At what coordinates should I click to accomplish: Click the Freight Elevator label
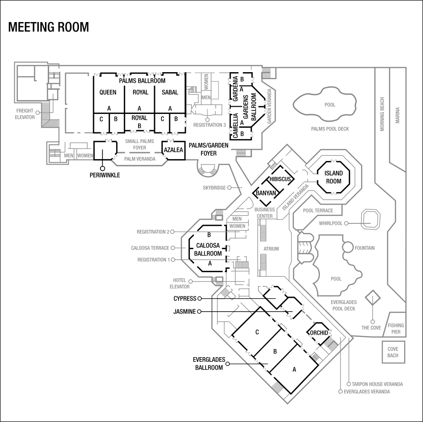[25, 114]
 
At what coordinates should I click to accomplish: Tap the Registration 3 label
[209, 125]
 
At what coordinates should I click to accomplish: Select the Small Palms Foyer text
[139, 145]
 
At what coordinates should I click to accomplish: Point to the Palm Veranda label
[139, 159]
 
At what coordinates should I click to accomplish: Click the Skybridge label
[214, 188]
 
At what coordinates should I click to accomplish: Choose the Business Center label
[265, 212]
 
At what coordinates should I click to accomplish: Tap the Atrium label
[271, 249]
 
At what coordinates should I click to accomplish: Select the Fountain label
[365, 248]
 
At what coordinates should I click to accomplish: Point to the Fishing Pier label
[396, 328]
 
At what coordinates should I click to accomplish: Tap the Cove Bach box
[393, 352]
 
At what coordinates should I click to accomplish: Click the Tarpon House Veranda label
[377, 384]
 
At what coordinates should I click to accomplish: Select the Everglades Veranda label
[367, 392]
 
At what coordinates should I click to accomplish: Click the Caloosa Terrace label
[150, 248]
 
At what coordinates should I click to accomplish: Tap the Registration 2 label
[153, 232]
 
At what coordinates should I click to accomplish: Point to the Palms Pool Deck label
[330, 129]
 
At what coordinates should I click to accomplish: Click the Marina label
[397, 116]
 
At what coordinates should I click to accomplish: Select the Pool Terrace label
[318, 211]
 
